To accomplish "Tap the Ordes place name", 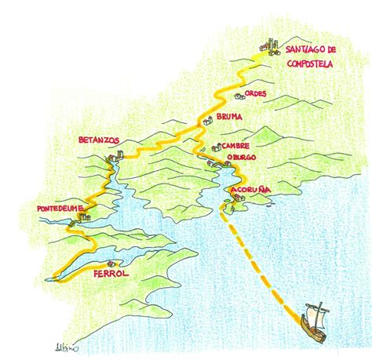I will pos(255,94).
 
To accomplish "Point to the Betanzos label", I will pos(99,140).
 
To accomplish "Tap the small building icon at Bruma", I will pos(208,121).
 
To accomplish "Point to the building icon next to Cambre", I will pos(217,147).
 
